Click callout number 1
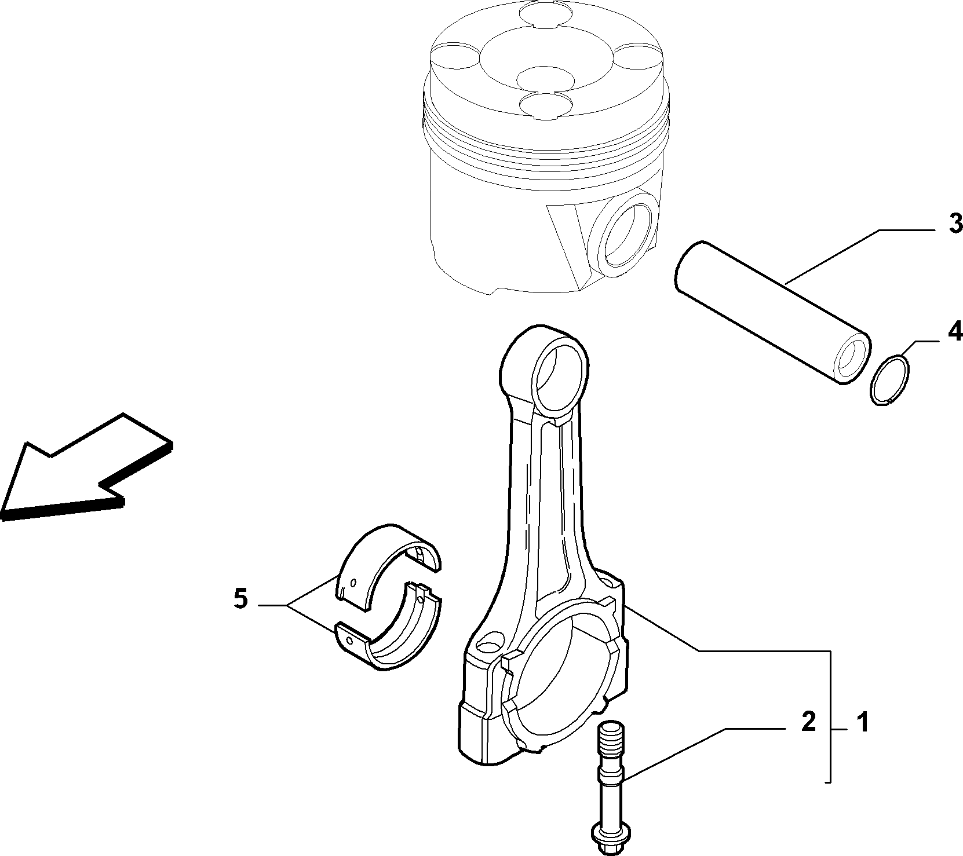click(863, 723)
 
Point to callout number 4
click(954, 332)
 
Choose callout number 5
click(241, 598)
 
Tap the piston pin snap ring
click(891, 380)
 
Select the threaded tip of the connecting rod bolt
click(610, 736)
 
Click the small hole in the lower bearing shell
click(348, 639)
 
